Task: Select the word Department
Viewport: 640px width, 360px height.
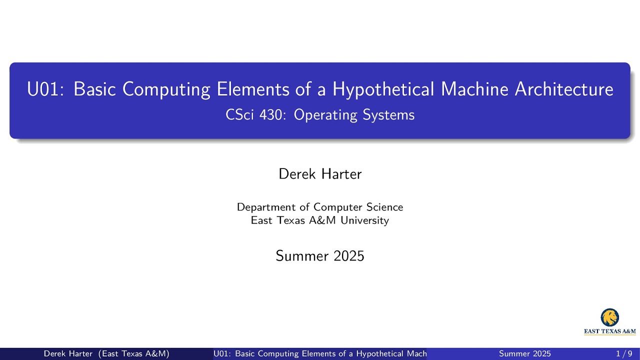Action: point(266,207)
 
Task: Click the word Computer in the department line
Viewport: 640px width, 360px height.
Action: point(337,207)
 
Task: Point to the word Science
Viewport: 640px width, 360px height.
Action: point(384,207)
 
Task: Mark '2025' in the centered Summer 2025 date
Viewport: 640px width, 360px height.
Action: point(348,256)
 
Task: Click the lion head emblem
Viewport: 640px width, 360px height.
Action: point(609,317)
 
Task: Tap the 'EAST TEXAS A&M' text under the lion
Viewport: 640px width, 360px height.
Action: point(610,331)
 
